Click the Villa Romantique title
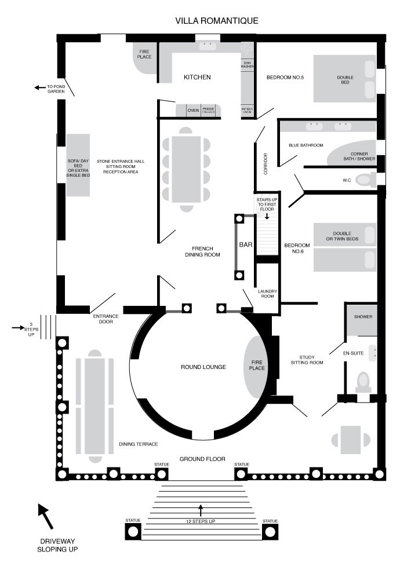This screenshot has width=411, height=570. point(217,21)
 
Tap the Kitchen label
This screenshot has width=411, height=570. point(197,77)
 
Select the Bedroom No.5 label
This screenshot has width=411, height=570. point(285,78)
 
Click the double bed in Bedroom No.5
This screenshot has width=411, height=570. point(345,79)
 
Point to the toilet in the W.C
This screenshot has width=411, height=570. point(365,180)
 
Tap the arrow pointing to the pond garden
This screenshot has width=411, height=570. point(39,87)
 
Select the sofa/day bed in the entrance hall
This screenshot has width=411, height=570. point(78,166)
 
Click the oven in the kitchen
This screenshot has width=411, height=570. point(193,111)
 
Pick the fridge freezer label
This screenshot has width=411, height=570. point(209,110)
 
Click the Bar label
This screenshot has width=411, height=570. point(246,244)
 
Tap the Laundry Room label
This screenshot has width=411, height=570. point(267,294)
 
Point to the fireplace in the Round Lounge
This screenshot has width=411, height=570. point(256,367)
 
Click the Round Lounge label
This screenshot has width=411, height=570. point(203,367)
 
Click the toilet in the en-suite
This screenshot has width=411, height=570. point(363,382)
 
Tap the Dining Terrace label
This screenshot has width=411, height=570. point(138,444)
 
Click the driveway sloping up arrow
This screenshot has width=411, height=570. point(46,516)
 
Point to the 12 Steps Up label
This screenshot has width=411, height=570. point(201,521)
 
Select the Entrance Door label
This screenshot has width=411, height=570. point(106,319)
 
